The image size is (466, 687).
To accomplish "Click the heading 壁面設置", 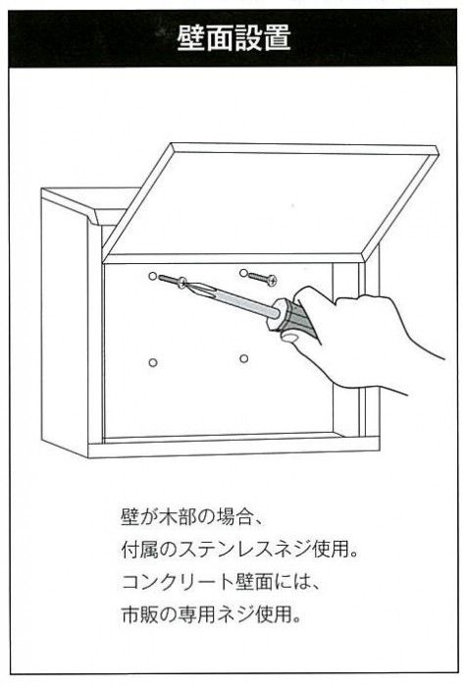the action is coord(233,38).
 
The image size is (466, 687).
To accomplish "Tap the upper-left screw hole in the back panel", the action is coord(152,276).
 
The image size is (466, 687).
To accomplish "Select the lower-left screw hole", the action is coord(153,363).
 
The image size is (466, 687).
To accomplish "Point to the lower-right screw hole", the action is coord(244,359).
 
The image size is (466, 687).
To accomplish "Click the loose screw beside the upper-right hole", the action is coord(262,278).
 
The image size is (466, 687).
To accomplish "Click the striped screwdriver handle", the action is coord(292,317).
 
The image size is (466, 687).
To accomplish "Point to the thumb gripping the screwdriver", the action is coord(291,336).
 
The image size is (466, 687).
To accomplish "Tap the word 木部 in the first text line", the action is coord(173,517).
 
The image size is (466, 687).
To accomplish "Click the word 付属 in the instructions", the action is coord(136,551).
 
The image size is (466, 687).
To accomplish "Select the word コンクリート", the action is coord(178,583).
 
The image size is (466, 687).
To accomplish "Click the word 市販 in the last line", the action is coord(136,615).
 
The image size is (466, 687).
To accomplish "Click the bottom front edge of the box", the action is coord(233,448).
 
